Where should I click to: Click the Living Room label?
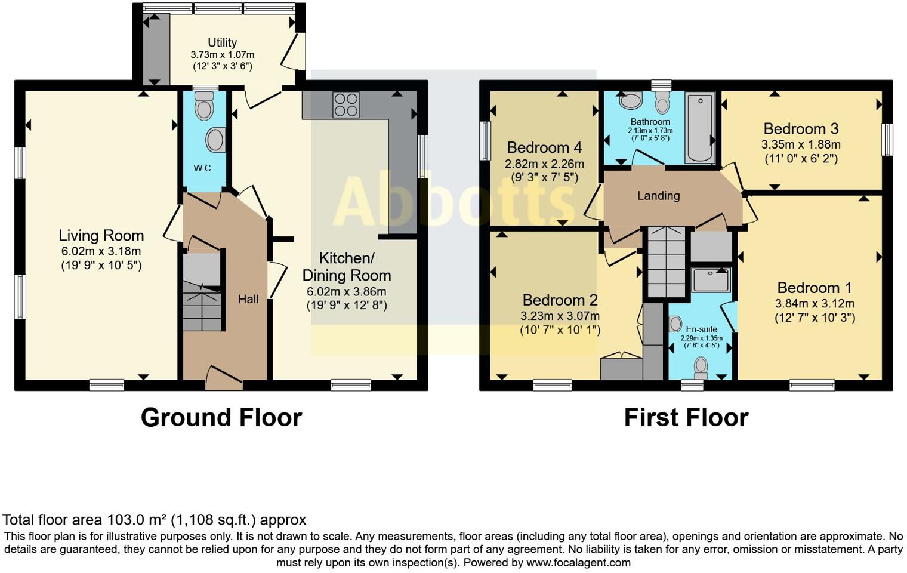(101, 235)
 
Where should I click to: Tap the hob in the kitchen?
(346, 105)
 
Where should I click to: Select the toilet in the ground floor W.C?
(204, 109)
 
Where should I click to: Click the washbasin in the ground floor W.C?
(215, 140)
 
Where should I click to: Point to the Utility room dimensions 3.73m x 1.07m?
(222, 55)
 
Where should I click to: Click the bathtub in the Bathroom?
(699, 127)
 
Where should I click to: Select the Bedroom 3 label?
(801, 128)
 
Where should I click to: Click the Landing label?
(658, 196)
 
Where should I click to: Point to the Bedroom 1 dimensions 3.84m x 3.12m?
(815, 303)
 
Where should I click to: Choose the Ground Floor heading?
(221, 417)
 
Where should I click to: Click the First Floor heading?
(686, 417)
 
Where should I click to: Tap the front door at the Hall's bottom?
(224, 378)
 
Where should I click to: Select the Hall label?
(248, 299)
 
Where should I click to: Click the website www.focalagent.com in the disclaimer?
(578, 562)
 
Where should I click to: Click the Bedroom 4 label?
(544, 147)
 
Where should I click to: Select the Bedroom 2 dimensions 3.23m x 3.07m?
(560, 316)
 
